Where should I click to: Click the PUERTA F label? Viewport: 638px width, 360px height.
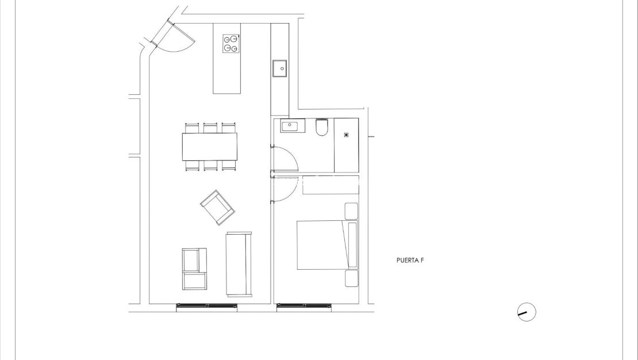410,260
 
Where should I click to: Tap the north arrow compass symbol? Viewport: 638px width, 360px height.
526,312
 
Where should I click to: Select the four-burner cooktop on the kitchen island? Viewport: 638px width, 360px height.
231,44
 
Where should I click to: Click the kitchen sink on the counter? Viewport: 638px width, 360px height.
280,68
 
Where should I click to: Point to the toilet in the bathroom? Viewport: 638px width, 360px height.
321,127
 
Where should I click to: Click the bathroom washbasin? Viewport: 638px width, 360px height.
293,125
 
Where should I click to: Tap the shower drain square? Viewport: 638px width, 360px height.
346,135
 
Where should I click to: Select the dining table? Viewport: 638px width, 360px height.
210,147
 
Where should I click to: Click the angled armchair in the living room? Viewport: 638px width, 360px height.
217,208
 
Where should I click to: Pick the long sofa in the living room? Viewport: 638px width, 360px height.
239,263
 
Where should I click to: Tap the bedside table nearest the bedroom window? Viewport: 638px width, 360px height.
351,279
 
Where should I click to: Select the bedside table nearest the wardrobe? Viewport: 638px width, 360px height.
351,211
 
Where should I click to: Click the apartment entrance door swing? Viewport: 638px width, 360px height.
177,39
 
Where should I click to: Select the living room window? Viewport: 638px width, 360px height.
206,305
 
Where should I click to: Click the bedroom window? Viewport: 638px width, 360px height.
303,305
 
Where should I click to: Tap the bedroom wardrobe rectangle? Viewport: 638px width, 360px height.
330,185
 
